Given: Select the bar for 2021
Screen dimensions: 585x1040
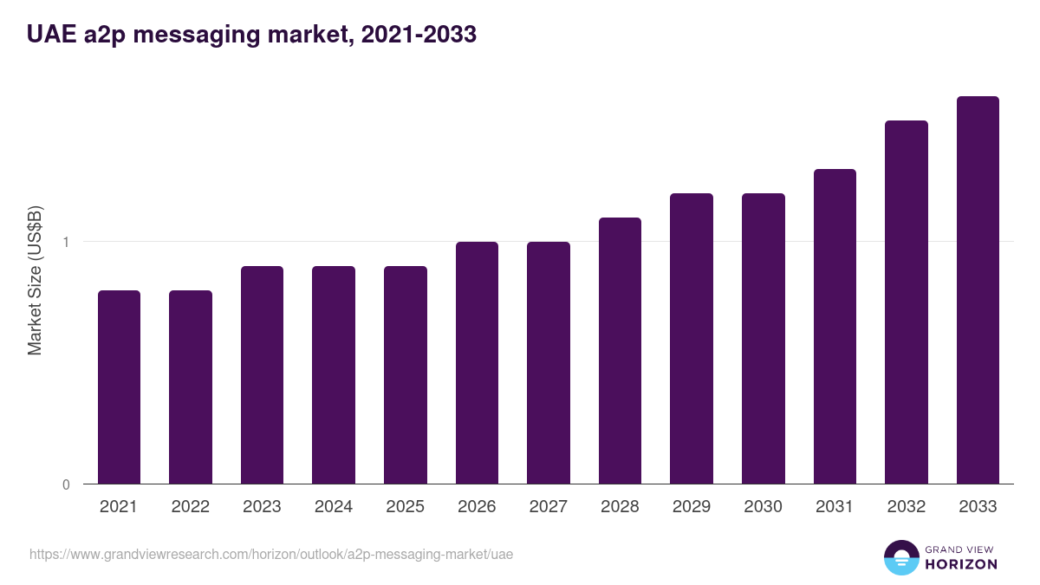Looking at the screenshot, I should pyautogui.click(x=119, y=387).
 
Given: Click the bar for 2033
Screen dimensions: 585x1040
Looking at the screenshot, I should pyautogui.click(x=978, y=289).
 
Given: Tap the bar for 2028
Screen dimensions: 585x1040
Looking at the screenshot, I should pyautogui.click(x=620, y=350).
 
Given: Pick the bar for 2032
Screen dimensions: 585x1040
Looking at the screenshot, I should pyautogui.click(x=906, y=302).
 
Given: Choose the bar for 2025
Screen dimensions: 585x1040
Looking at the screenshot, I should pyautogui.click(x=406, y=374).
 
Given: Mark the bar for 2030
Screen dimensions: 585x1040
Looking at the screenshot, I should pyautogui.click(x=763, y=338).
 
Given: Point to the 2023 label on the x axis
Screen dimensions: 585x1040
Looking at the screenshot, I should pyautogui.click(x=262, y=507).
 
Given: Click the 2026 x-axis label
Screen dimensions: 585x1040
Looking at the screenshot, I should pyautogui.click(x=477, y=507).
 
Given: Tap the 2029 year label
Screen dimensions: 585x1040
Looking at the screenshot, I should pyautogui.click(x=692, y=507).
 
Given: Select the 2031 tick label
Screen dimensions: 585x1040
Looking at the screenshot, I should pyautogui.click(x=835, y=507).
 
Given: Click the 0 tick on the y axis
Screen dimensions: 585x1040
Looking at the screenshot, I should pyautogui.click(x=66, y=484).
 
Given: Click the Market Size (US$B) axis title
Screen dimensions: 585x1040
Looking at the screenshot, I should pyautogui.click(x=36, y=281).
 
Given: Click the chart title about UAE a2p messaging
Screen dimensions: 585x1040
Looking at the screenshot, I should pyautogui.click(x=251, y=35).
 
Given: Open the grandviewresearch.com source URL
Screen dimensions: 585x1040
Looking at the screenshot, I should pyautogui.click(x=271, y=554).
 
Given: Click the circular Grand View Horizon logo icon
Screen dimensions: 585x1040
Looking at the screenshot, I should pyautogui.click(x=900, y=557).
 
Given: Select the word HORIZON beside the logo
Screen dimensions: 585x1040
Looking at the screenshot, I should pyautogui.click(x=960, y=564).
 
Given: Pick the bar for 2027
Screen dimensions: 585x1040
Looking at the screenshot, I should pyautogui.click(x=549, y=362).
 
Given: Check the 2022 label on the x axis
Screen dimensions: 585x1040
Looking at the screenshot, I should pyautogui.click(x=191, y=507).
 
